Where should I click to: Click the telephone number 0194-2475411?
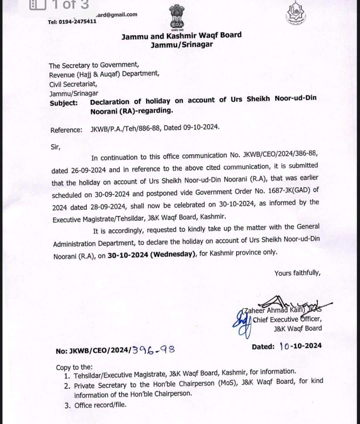click(x=78, y=22)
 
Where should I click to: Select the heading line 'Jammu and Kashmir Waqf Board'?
click(x=181, y=36)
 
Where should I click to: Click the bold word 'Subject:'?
click(x=64, y=103)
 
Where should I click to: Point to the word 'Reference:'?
click(x=66, y=130)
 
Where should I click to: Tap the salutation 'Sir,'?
click(x=55, y=147)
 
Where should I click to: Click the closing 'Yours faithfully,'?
click(x=297, y=273)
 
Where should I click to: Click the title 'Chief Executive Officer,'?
click(x=287, y=319)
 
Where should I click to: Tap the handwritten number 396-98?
click(x=154, y=350)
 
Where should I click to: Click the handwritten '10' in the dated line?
click(x=285, y=346)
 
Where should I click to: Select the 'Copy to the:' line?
click(x=74, y=367)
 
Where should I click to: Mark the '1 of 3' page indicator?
click(x=71, y=5)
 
